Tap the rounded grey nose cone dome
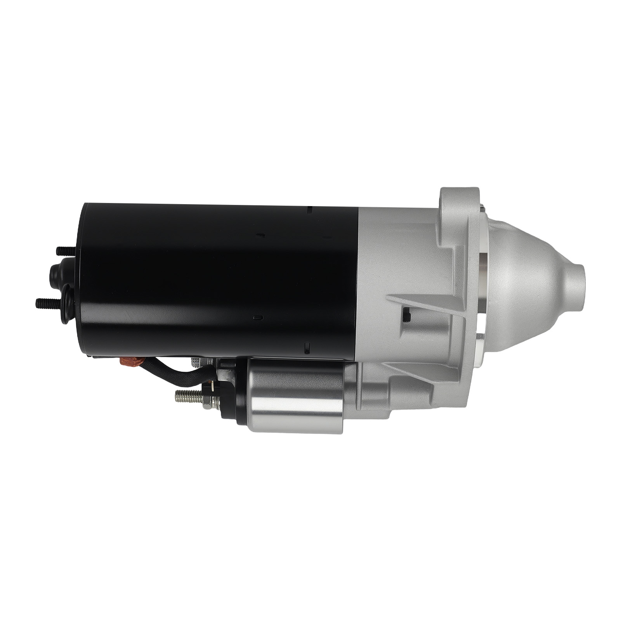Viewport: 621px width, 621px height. tap(532, 279)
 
